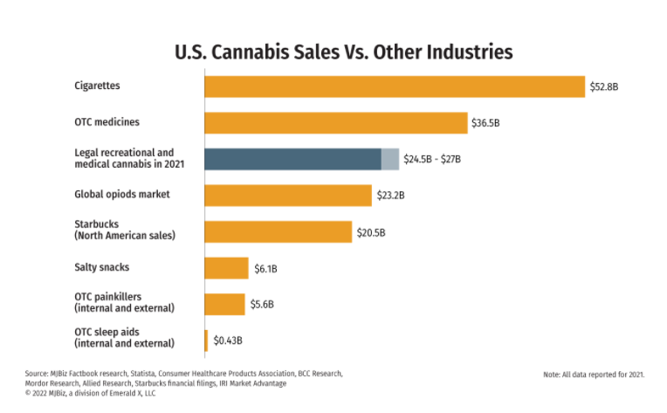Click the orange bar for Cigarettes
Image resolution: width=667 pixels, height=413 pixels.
pyautogui.click(x=395, y=86)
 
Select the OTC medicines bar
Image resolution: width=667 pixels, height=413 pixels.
pyautogui.click(x=336, y=123)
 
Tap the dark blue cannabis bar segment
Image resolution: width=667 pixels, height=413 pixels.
pyautogui.click(x=292, y=159)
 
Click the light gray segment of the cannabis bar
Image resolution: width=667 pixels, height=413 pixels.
pyautogui.click(x=390, y=159)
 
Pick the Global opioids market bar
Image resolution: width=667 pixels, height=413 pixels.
pyautogui.click(x=288, y=195)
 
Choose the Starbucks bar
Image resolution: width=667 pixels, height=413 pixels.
pyautogui.click(x=278, y=231)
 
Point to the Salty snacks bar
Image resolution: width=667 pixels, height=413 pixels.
pyautogui.click(x=227, y=268)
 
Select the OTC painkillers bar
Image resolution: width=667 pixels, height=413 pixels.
pyautogui.click(x=225, y=304)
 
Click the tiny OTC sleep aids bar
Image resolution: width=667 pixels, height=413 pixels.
pyautogui.click(x=206, y=341)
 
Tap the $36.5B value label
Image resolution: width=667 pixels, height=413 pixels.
pyautogui.click(x=486, y=123)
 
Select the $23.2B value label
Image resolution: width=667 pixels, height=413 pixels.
pyautogui.click(x=390, y=196)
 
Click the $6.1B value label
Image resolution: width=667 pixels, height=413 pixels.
pyautogui.click(x=266, y=268)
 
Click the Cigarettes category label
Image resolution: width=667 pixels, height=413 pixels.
pyautogui.click(x=97, y=86)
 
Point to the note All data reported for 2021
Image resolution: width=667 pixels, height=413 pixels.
pyautogui.click(x=594, y=375)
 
